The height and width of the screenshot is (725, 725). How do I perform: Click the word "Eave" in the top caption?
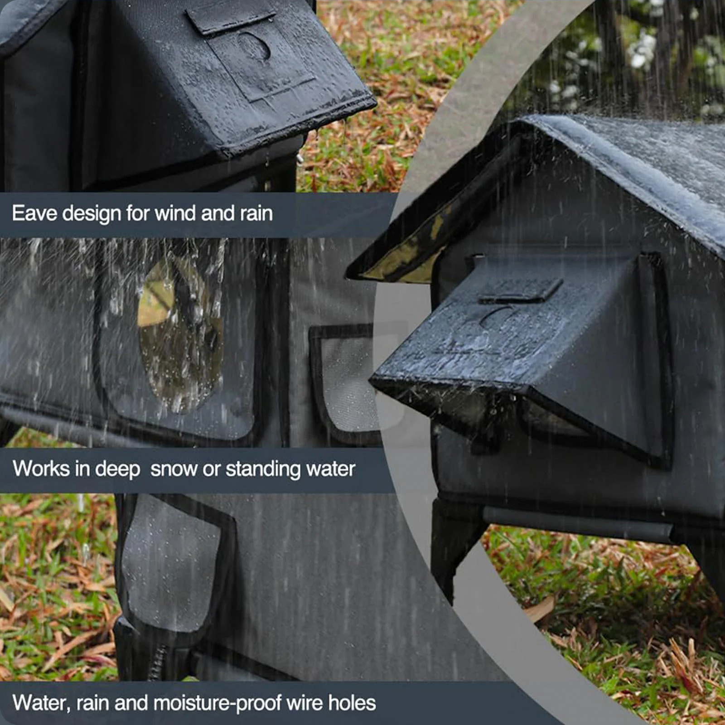click(34, 213)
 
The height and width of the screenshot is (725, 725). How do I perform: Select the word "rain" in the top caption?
click(256, 213)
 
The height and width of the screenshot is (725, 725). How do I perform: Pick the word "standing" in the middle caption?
click(263, 469)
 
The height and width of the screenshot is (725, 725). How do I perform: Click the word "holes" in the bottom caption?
click(352, 703)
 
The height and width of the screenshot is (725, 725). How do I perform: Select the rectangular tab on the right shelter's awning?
click(521, 291)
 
